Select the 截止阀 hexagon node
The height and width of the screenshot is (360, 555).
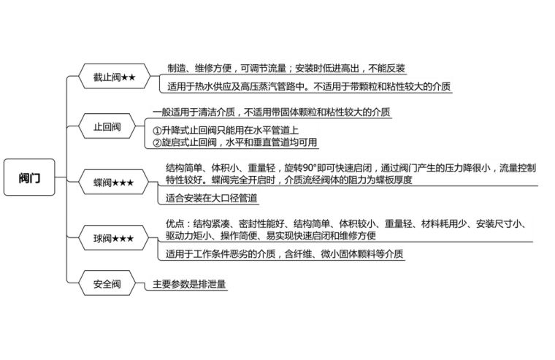click(x=113, y=76)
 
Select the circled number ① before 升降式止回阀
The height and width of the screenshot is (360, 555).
click(x=157, y=129)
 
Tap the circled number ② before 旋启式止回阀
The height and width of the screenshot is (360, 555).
click(x=157, y=142)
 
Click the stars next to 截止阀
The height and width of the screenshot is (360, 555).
click(x=128, y=76)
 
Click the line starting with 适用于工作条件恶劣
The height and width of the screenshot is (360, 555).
click(x=284, y=254)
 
